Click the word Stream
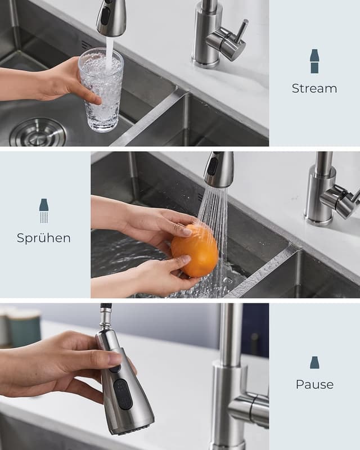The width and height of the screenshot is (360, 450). click(314, 88)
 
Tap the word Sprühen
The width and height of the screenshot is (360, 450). click(44, 238)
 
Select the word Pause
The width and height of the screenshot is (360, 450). click(314, 385)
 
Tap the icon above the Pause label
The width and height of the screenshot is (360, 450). click(314, 362)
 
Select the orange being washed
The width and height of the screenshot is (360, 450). click(195, 251)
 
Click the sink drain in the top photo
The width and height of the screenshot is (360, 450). click(38, 133)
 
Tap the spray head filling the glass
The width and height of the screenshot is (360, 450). click(111, 17)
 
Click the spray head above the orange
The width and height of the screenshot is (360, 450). click(219, 169)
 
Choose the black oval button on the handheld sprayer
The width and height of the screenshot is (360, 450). click(123, 394)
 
